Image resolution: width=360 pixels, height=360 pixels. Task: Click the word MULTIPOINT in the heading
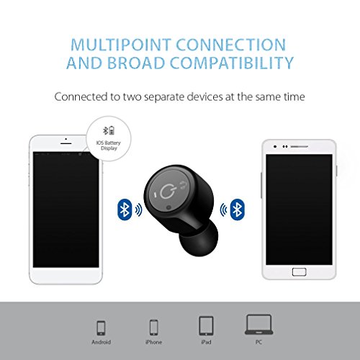pyautogui.click(x=121, y=45)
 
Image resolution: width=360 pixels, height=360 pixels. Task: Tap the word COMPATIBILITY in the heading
pyautogui.click(x=232, y=63)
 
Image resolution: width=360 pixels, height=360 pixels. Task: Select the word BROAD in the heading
pyautogui.click(x=136, y=63)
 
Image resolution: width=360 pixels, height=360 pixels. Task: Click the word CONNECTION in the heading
pyautogui.click(x=231, y=45)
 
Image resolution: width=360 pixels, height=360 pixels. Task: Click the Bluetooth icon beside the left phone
pyautogui.click(x=125, y=210)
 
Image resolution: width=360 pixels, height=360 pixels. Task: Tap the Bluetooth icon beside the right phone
pyautogui.click(x=237, y=210)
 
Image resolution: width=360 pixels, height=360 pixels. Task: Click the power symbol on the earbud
pyautogui.click(x=167, y=192)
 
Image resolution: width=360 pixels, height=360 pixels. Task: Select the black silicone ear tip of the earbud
pyautogui.click(x=199, y=238)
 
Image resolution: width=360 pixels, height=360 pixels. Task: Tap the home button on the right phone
pyautogui.click(x=299, y=272)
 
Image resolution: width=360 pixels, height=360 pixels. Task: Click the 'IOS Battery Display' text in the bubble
pyautogui.click(x=109, y=145)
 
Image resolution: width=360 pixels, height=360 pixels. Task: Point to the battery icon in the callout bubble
pyautogui.click(x=112, y=130)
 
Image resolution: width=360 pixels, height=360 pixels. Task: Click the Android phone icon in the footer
pyautogui.click(x=101, y=328)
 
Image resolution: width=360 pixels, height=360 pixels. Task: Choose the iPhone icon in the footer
pyautogui.click(x=153, y=327)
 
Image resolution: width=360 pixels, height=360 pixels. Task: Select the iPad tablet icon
pyautogui.click(x=206, y=325)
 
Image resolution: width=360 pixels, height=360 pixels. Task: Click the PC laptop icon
pyautogui.click(x=258, y=325)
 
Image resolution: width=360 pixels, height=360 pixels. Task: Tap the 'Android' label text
pyautogui.click(x=101, y=342)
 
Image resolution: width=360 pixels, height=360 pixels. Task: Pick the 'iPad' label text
pyautogui.click(x=206, y=342)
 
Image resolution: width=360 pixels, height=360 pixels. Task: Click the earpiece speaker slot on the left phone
pyautogui.click(x=66, y=143)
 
